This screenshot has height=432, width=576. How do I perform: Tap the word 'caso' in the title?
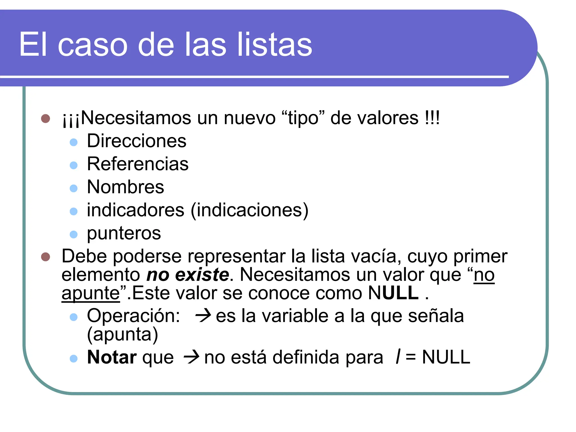[93, 44]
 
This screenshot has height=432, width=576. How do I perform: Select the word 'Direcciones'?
[136, 141]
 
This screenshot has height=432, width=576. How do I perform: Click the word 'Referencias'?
[138, 164]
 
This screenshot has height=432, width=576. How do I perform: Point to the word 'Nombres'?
[125, 187]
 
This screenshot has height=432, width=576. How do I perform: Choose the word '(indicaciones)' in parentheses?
[249, 210]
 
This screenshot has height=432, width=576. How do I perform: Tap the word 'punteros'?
[124, 233]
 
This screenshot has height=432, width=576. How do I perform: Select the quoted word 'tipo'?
[303, 118]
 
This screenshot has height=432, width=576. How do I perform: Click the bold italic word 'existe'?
[202, 275]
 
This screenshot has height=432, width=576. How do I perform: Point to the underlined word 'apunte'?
[91, 293]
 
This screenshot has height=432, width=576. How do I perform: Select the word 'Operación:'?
[134, 316]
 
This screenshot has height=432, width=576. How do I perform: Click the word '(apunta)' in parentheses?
[123, 335]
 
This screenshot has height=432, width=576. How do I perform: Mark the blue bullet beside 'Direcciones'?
[74, 142]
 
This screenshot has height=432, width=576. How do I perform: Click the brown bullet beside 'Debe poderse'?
[46, 256]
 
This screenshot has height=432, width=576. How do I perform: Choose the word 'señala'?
[436, 316]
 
